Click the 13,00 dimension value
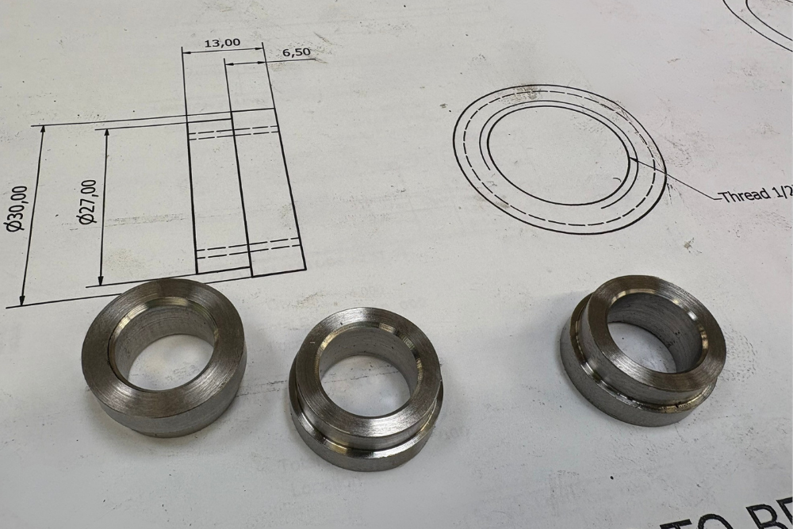pyautogui.click(x=222, y=43)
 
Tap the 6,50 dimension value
pyautogui.click(x=296, y=53)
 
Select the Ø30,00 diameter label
pyautogui.click(x=16, y=208)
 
